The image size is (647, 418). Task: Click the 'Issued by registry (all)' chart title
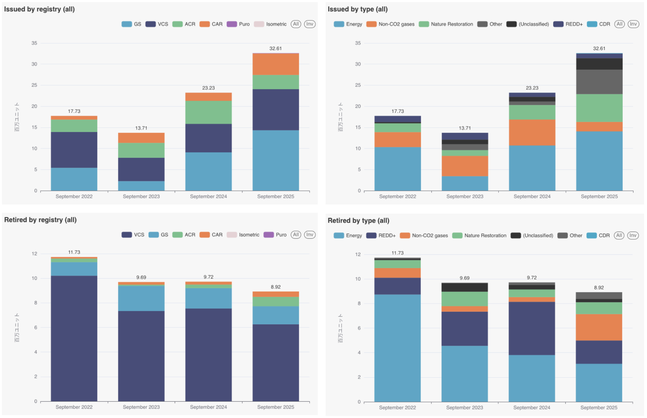click(x=39, y=9)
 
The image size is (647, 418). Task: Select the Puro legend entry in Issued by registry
click(x=238, y=24)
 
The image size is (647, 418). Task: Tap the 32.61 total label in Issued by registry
click(x=275, y=49)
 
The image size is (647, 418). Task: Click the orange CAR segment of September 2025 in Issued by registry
click(x=276, y=64)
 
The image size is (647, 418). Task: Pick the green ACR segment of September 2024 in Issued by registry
click(x=208, y=112)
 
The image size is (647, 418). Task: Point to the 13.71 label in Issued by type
click(x=465, y=128)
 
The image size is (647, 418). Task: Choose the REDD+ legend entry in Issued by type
click(x=568, y=24)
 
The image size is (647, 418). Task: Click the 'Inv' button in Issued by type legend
click(x=633, y=24)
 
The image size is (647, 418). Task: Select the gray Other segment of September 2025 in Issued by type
click(x=599, y=82)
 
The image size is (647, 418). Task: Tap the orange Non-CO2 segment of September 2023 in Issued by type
click(x=465, y=166)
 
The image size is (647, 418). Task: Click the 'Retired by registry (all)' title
click(x=40, y=220)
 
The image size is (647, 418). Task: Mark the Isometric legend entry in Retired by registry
click(x=243, y=235)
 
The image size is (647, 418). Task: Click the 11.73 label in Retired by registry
click(x=74, y=252)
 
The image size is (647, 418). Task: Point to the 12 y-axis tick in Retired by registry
click(x=34, y=254)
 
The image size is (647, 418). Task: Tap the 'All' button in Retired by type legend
click(x=619, y=235)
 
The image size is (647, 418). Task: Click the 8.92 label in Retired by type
click(x=599, y=288)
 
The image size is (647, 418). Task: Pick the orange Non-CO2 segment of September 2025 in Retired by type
click(x=599, y=327)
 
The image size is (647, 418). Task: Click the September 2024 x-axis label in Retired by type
click(x=532, y=407)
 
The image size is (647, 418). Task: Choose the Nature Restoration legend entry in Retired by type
click(x=479, y=235)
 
